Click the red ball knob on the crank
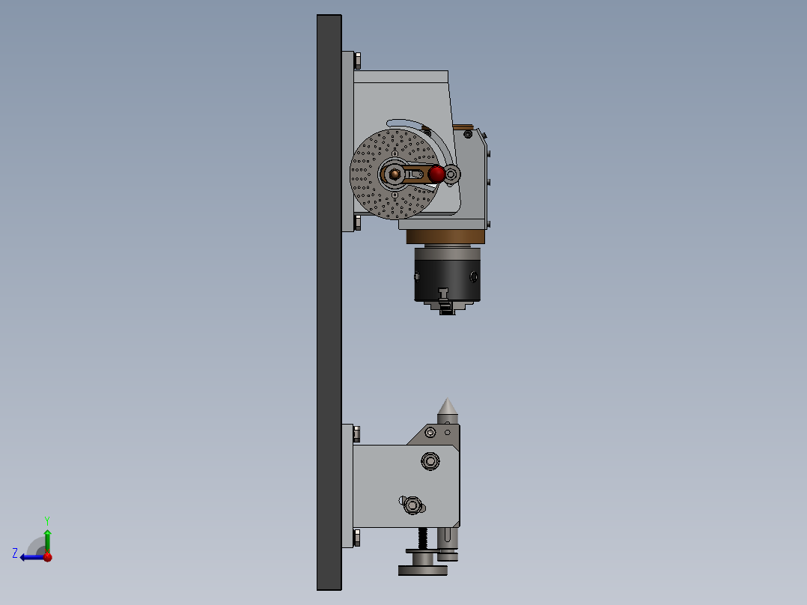click(437, 174)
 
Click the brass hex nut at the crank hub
click(395, 174)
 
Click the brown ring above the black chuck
click(446, 237)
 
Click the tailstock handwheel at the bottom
click(423, 570)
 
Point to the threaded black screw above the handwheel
click(423, 538)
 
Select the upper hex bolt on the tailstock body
click(430, 460)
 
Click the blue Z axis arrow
click(30, 557)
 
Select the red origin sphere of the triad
click(47, 557)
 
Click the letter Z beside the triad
click(15, 553)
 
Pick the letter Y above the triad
click(46, 520)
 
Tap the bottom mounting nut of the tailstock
click(356, 537)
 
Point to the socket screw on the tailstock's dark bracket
click(430, 432)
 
